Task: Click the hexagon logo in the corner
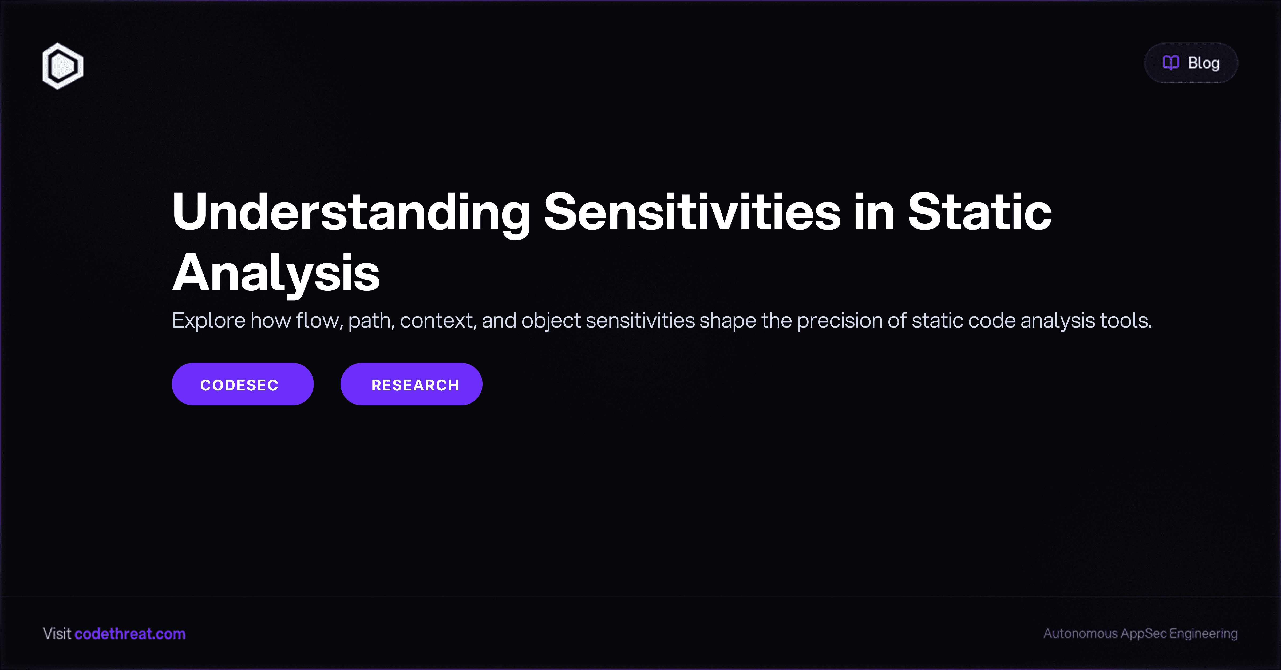[x=63, y=66]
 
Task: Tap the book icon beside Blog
[x=1171, y=63]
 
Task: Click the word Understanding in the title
[x=351, y=213]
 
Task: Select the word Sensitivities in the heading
[x=692, y=213]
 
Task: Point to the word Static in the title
[x=980, y=213]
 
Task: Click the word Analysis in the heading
[x=276, y=273]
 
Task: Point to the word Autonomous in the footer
[x=1080, y=634]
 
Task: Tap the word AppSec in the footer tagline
[x=1143, y=634]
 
